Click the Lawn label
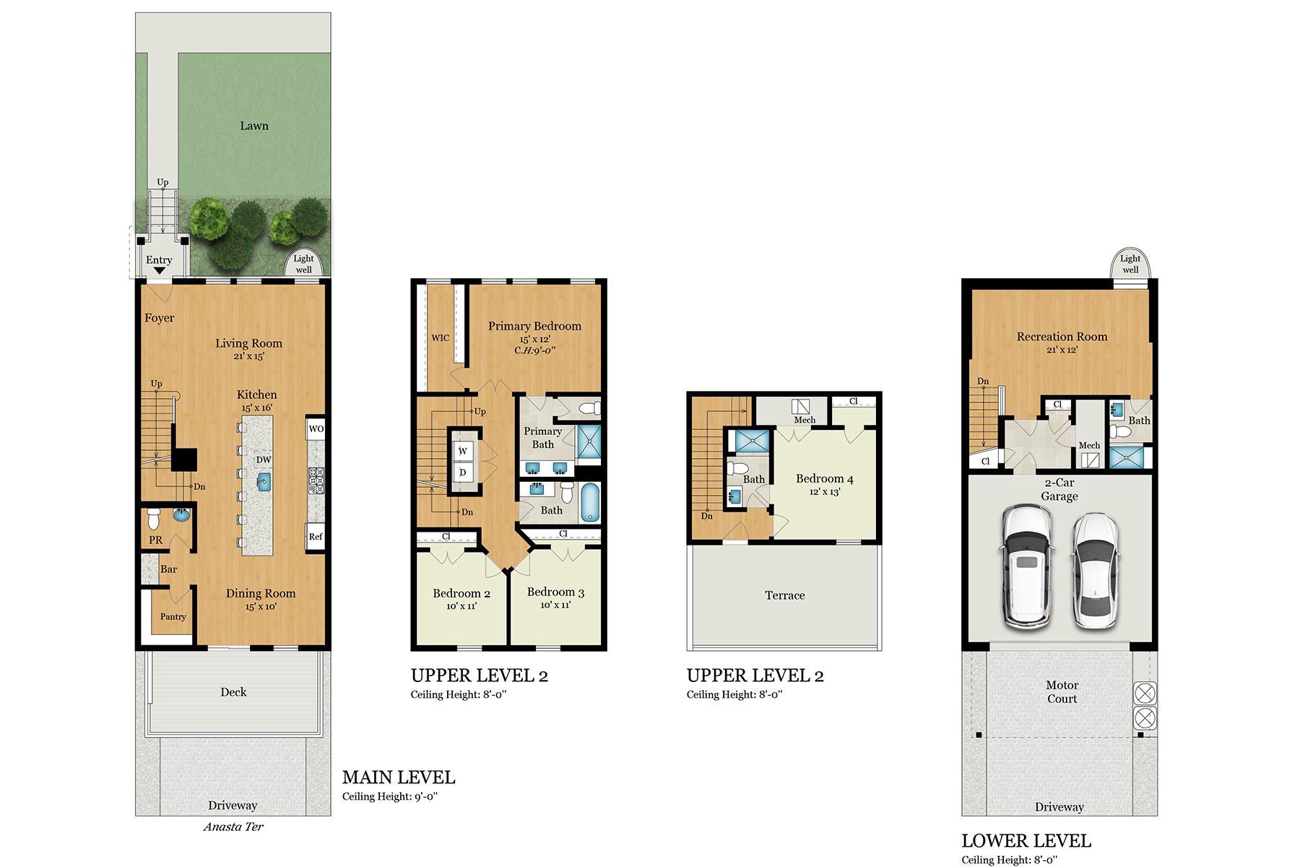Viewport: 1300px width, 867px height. [253, 126]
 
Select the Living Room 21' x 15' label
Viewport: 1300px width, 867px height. [248, 349]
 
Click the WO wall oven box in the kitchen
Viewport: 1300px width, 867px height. [316, 428]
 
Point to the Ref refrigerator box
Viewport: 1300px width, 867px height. [315, 536]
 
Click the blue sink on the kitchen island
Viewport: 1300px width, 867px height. [264, 479]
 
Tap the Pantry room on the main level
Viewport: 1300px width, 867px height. [173, 616]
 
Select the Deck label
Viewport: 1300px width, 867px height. [233, 692]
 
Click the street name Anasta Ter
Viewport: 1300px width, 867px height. [233, 827]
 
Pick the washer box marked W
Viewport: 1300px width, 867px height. [463, 451]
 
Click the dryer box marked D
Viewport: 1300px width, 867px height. [463, 473]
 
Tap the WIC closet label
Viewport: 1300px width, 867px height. [440, 337]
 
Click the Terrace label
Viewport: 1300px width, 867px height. [784, 595]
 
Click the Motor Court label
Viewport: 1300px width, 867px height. [1061, 691]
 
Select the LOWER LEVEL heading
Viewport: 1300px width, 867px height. [1026, 841]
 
